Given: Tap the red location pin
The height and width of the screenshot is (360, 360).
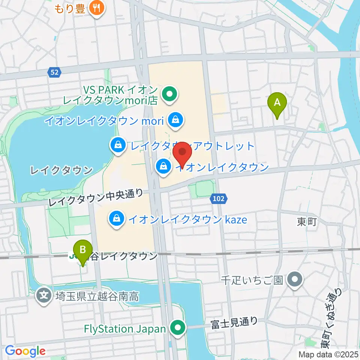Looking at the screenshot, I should (x=183, y=152).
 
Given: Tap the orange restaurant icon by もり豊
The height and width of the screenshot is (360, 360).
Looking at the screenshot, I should (x=96, y=8).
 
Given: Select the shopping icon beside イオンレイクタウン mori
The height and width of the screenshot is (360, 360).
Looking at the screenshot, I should (x=175, y=120).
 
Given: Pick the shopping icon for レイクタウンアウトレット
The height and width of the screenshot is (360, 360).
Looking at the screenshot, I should (x=118, y=145).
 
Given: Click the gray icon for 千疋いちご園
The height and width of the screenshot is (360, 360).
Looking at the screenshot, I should (x=295, y=280).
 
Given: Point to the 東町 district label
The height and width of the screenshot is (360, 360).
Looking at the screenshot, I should (x=307, y=222).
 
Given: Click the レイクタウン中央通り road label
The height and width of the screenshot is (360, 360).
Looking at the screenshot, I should (x=96, y=198).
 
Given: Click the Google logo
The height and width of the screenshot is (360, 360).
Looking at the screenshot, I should (x=25, y=351).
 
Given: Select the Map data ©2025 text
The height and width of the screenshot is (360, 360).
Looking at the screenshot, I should (x=328, y=354).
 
